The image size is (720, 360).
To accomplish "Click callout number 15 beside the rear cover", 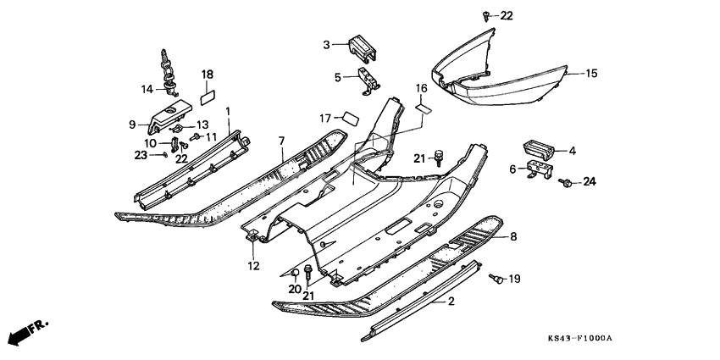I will pyautogui.click(x=591, y=74).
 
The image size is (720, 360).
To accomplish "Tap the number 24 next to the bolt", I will pyautogui.click(x=590, y=181).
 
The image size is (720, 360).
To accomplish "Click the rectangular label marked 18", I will pyautogui.click(x=207, y=97).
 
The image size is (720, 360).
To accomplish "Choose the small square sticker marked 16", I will pyautogui.click(x=424, y=108).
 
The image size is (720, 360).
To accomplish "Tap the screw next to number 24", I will pyautogui.click(x=568, y=181).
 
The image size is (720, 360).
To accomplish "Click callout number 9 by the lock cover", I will pyautogui.click(x=132, y=125).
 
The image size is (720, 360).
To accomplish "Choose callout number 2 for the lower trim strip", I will pyautogui.click(x=451, y=301).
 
